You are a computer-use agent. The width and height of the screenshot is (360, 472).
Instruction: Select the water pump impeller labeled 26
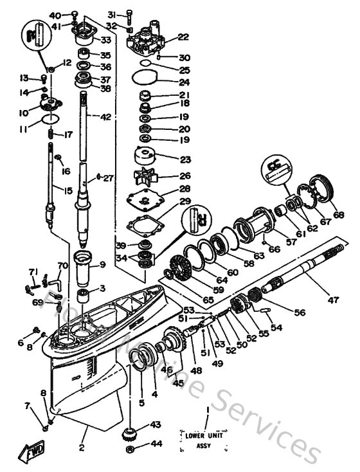pos(147,176)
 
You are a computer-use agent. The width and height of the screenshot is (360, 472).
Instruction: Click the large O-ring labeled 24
pos(147,82)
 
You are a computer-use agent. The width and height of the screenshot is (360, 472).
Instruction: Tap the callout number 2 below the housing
pos(82,446)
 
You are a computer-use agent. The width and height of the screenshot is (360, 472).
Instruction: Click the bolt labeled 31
pos(130,14)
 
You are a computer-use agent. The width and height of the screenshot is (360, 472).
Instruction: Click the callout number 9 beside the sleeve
pos(102,264)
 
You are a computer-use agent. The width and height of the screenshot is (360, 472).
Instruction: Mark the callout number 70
pos(62,266)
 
